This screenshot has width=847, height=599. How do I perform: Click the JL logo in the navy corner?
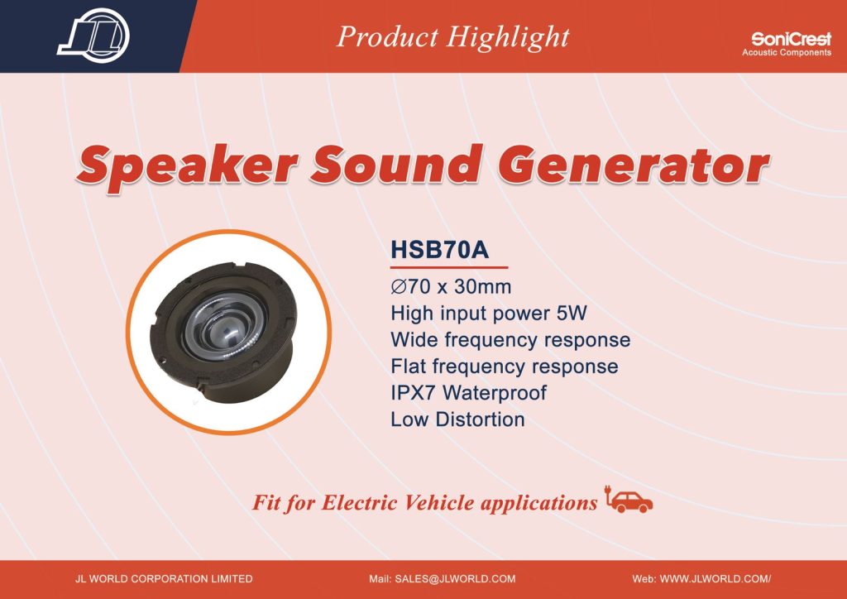(x=93, y=36)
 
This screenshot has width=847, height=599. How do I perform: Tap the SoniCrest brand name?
(x=791, y=39)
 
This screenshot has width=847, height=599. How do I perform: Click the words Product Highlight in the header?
(x=452, y=37)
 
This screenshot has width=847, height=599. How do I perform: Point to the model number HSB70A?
(x=440, y=250)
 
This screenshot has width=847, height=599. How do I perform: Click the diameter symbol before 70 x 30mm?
(x=399, y=286)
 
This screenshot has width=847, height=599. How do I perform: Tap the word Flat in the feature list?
(x=408, y=367)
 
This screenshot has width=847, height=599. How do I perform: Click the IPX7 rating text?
(x=413, y=393)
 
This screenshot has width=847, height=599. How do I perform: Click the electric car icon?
(x=629, y=500)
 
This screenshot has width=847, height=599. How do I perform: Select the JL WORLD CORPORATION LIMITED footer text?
(x=164, y=579)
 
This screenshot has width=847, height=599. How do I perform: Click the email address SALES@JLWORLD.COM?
(x=455, y=579)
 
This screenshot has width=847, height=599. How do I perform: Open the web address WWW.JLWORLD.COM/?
(x=715, y=579)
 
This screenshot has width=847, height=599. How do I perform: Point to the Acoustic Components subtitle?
(x=787, y=52)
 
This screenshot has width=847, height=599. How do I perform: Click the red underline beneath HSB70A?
(x=449, y=267)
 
